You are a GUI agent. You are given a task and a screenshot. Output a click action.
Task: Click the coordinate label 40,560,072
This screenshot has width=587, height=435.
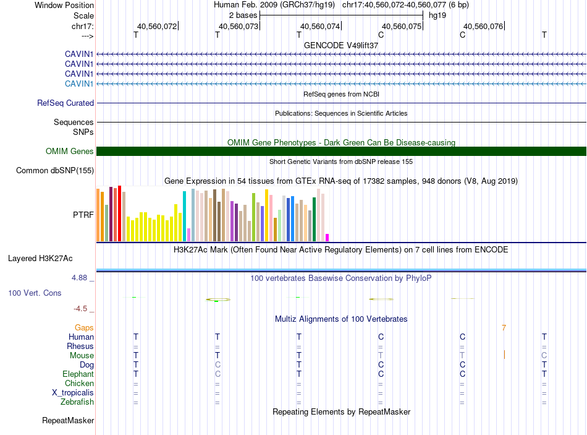157,27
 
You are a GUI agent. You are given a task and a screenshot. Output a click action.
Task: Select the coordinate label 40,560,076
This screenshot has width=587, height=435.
483,27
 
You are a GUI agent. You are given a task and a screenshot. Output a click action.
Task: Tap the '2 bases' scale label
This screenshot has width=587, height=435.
243,15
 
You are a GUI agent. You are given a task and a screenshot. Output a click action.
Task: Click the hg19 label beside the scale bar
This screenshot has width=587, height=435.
437,15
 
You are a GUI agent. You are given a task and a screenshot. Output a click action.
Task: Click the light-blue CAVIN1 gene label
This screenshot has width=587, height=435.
79,84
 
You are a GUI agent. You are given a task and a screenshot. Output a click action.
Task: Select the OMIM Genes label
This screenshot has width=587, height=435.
70,152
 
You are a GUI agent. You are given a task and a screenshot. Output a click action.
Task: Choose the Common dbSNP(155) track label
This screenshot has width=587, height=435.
55,171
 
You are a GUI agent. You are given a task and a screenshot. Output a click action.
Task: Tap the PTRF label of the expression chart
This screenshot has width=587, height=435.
83,215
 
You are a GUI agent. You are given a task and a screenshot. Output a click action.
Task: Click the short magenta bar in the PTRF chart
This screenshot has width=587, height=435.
327,238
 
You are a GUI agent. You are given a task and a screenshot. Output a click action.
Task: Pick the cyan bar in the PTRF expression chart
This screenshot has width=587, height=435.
185,216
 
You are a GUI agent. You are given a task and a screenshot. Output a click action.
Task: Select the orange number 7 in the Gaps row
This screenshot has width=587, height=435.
504,328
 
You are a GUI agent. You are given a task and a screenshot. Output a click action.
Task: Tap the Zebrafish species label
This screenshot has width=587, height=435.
77,402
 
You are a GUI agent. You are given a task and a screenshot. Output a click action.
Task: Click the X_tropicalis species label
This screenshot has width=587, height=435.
73,393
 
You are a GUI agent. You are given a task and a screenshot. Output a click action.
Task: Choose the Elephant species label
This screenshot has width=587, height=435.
78,374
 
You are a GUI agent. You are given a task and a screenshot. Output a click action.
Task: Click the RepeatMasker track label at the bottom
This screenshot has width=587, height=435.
68,421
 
